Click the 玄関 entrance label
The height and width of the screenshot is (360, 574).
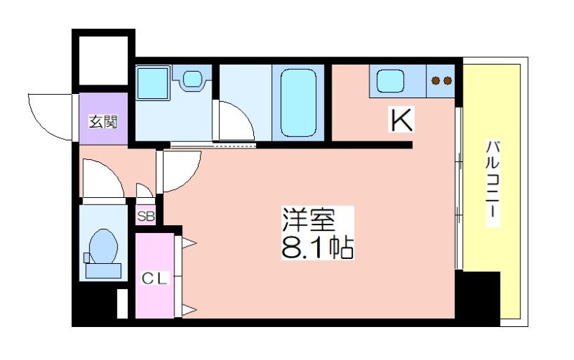click(103, 121)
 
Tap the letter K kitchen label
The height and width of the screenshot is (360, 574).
click(402, 120)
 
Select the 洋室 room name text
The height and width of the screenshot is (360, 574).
click(309, 219)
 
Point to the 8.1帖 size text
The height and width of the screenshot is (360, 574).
click(317, 247)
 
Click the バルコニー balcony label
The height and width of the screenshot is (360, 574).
click(493, 183)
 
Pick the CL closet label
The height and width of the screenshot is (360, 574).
click(154, 279)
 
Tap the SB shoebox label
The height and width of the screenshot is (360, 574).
click(146, 217)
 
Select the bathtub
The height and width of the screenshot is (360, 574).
click(298, 103)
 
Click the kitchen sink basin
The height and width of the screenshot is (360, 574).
click(390, 81)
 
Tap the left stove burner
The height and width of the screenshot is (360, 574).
click(436, 80)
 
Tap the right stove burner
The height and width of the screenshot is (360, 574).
click(448, 80)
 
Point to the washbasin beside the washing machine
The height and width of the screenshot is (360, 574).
click(192, 78)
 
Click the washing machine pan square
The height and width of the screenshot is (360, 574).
click(153, 82)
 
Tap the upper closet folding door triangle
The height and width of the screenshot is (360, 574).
click(189, 242)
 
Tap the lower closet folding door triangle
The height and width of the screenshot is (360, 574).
click(189, 311)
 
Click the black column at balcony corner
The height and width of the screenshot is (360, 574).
click(477, 298)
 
